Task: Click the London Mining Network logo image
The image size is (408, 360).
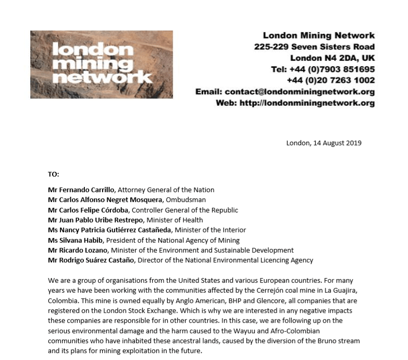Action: coord(101,64)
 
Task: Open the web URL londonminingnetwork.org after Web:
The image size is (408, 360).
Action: coord(306,103)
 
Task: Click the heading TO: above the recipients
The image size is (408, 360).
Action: coord(54,174)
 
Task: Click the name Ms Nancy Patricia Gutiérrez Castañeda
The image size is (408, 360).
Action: coord(109,230)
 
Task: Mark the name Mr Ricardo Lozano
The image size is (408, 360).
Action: coord(78,250)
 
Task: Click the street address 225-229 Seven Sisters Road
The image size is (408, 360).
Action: coord(314,47)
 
